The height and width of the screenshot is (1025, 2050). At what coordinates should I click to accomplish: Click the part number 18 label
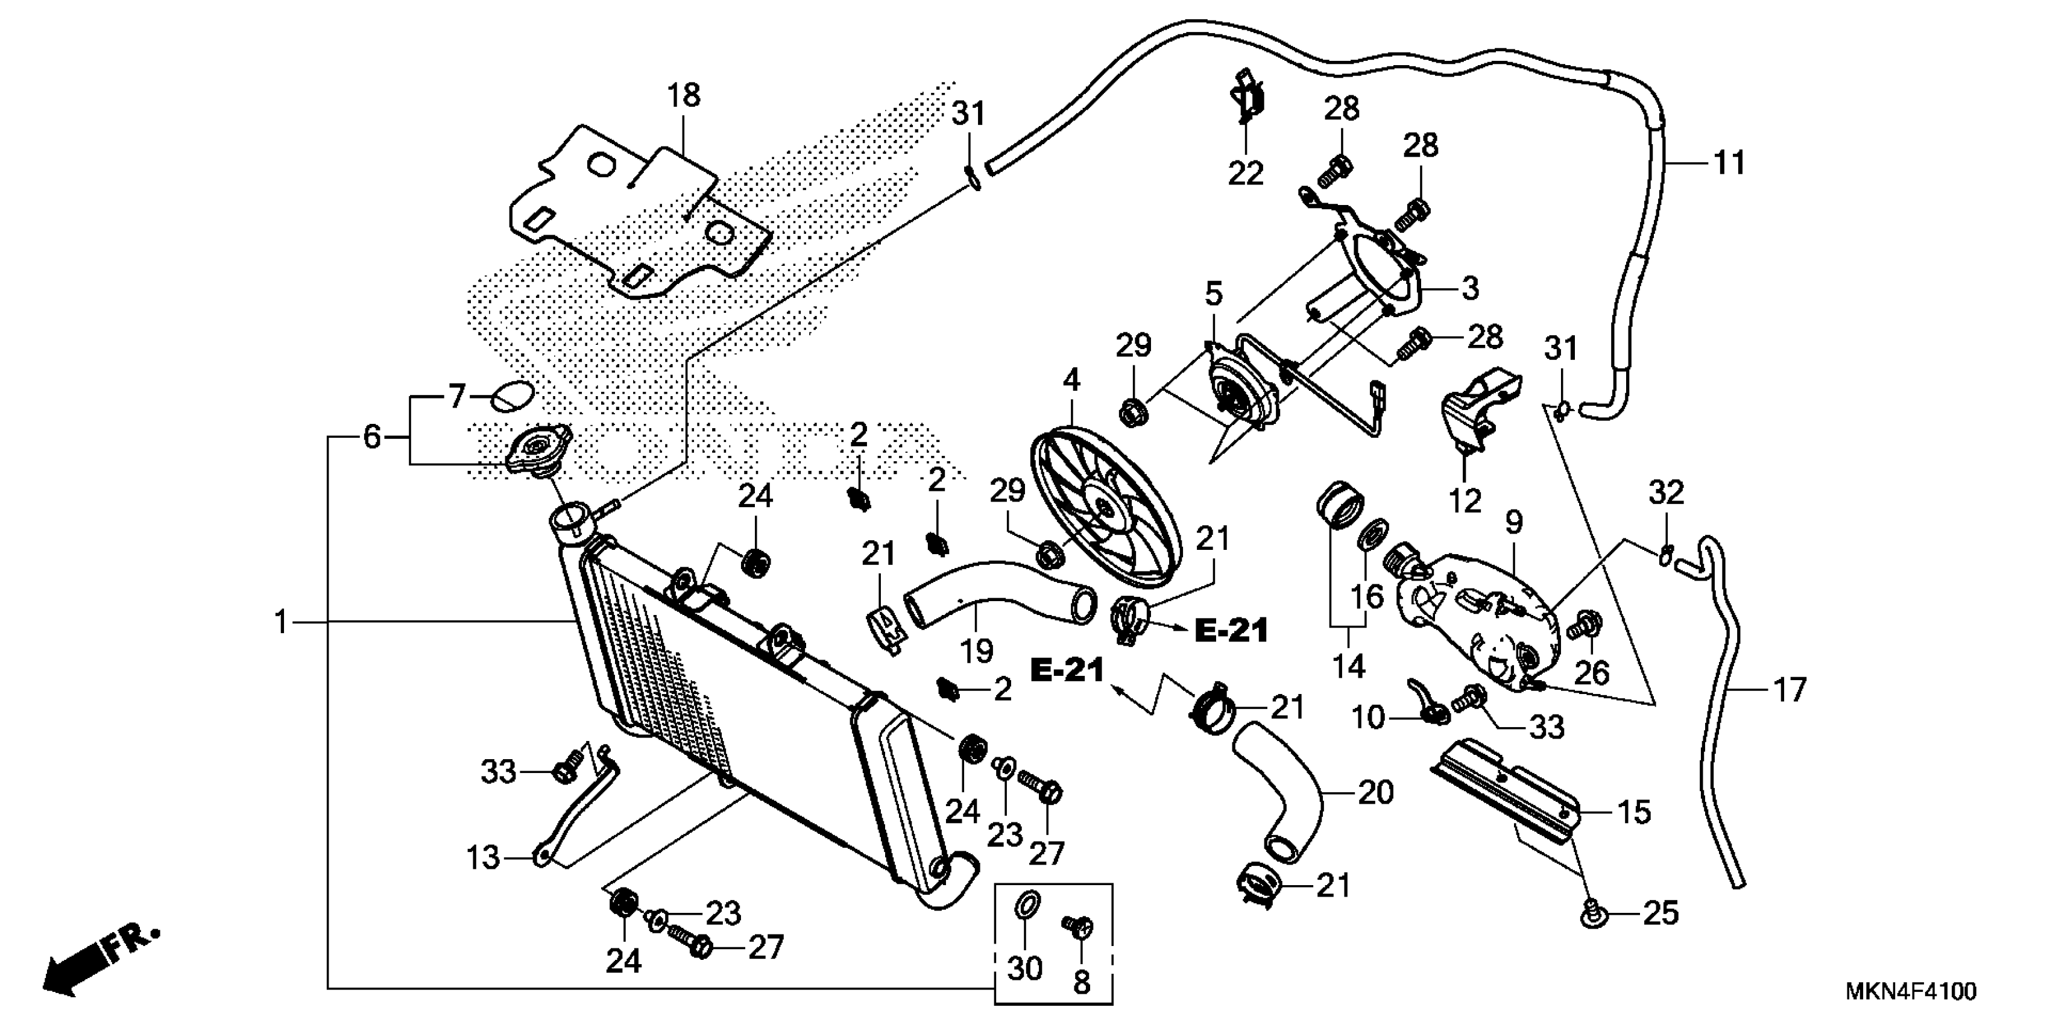[684, 95]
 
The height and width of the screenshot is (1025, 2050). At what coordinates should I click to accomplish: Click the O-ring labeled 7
[511, 396]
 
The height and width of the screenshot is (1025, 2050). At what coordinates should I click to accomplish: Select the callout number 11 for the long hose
[1729, 163]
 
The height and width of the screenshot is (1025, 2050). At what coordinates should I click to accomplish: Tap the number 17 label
[1790, 689]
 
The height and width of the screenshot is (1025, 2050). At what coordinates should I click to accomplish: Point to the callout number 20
[1376, 793]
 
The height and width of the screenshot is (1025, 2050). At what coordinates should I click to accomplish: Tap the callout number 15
[1634, 812]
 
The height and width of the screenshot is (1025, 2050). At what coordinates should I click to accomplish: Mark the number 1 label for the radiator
[281, 622]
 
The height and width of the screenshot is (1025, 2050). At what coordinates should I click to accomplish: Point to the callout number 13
[482, 858]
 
